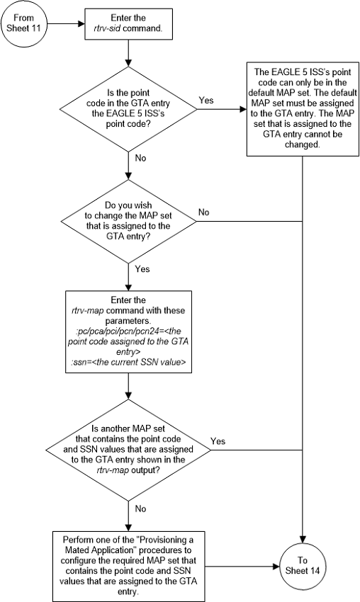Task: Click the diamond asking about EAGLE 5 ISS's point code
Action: [128, 107]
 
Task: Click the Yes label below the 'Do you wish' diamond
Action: [142, 269]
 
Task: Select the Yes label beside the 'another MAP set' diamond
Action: [218, 441]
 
